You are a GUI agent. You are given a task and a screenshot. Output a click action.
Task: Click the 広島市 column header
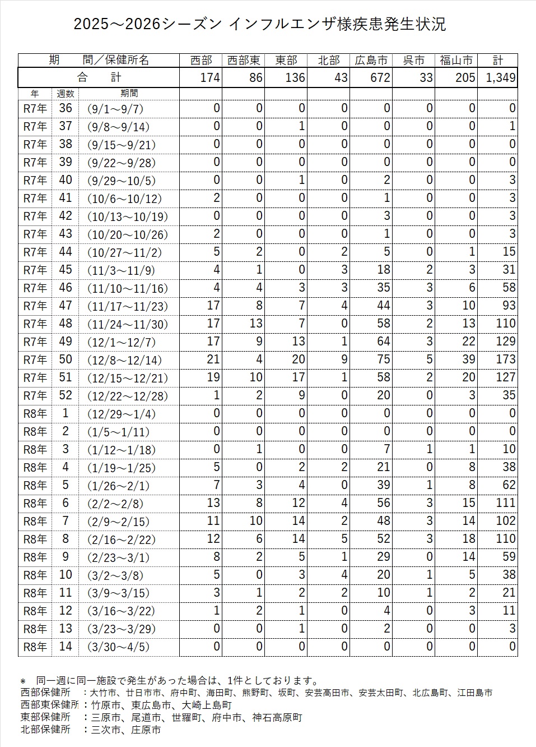point(371,60)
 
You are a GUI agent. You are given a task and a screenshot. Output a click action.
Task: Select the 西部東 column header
point(244,60)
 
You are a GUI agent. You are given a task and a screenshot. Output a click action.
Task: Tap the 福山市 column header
point(456,60)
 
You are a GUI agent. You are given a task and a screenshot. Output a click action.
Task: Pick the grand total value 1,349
point(501,77)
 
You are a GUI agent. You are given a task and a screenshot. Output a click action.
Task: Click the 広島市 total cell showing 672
point(380,77)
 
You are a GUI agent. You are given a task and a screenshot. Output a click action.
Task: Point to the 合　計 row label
point(99,77)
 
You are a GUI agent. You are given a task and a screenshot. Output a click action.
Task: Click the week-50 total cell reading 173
point(505,359)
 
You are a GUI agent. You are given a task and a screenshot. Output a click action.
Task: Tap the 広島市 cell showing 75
point(383,359)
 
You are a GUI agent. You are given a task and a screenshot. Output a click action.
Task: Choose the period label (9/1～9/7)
point(115,109)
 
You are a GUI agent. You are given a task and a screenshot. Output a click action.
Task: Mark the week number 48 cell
point(66,324)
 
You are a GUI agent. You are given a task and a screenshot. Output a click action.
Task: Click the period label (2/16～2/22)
point(122,539)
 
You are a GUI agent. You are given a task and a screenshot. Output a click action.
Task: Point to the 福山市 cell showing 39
point(468,359)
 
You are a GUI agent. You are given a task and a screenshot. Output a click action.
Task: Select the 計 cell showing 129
point(505,342)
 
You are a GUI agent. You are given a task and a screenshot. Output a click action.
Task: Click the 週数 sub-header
point(66,94)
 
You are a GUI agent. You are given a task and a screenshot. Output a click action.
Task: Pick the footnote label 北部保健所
point(45,730)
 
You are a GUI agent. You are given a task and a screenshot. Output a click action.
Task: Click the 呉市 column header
point(414,60)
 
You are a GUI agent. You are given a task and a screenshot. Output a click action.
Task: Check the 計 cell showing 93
point(509,306)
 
